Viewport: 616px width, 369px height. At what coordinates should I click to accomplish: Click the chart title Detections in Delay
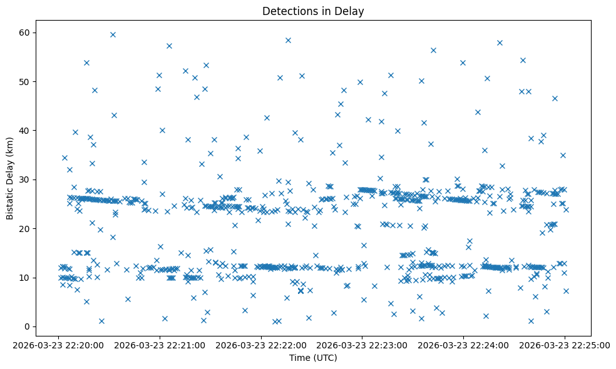pyautogui.click(x=313, y=11)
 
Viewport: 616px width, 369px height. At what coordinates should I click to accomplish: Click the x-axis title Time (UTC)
pyautogui.click(x=313, y=358)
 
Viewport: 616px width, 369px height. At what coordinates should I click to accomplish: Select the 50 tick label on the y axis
pyautogui.click(x=27, y=81)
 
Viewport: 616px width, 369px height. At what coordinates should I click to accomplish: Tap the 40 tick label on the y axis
pyautogui.click(x=27, y=131)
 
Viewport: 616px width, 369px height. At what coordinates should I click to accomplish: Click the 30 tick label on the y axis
pyautogui.click(x=27, y=179)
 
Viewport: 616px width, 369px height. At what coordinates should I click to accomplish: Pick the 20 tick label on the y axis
pyautogui.click(x=27, y=228)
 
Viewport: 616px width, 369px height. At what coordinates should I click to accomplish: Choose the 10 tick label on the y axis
pyautogui.click(x=27, y=277)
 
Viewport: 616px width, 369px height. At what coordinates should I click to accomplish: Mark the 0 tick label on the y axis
pyautogui.click(x=29, y=326)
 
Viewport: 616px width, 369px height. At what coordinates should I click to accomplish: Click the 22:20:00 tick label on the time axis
pyautogui.click(x=58, y=344)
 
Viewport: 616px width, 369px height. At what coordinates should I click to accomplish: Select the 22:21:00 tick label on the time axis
pyautogui.click(x=160, y=344)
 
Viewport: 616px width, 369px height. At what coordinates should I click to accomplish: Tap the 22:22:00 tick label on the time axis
pyautogui.click(x=261, y=344)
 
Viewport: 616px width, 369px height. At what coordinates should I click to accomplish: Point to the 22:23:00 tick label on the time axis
pyautogui.click(x=362, y=344)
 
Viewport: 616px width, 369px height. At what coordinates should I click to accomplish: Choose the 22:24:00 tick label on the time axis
pyautogui.click(x=464, y=344)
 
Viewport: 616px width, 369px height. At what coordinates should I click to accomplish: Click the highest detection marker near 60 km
pyautogui.click(x=113, y=34)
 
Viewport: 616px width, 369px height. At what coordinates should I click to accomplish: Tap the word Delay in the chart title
pyautogui.click(x=351, y=11)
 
